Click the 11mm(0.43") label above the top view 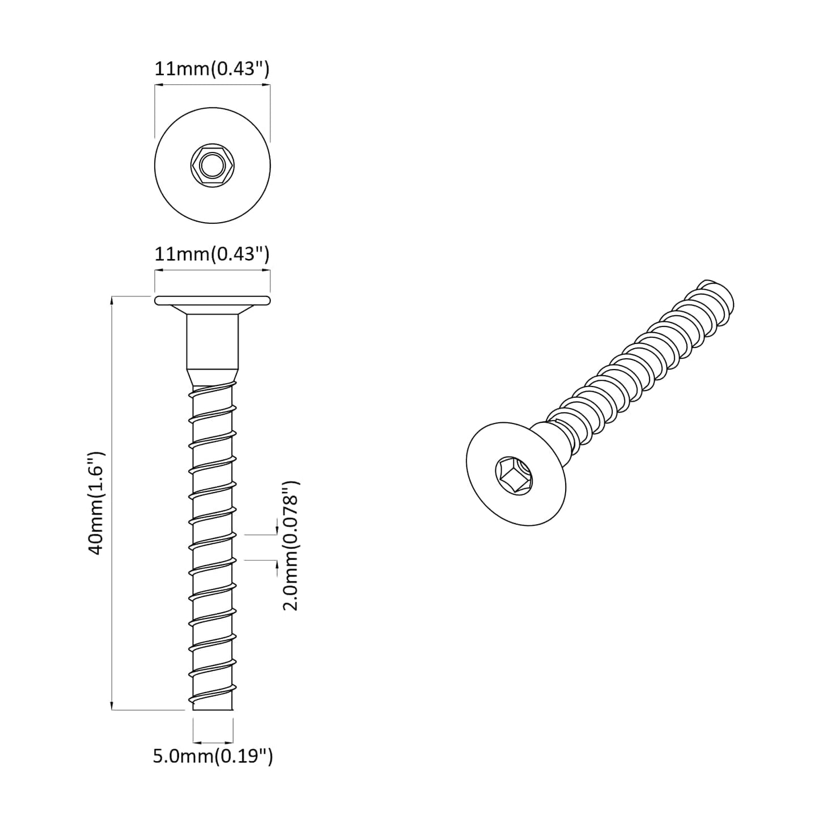coord(212,69)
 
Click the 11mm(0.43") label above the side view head coord(212,254)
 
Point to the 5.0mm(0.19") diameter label coord(213,756)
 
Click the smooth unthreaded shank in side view coord(212,340)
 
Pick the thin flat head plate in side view coord(212,300)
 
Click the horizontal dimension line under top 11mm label coord(212,86)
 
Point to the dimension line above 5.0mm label coord(213,742)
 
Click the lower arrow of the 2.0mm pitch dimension coord(276,564)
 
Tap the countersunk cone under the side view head coord(212,310)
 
